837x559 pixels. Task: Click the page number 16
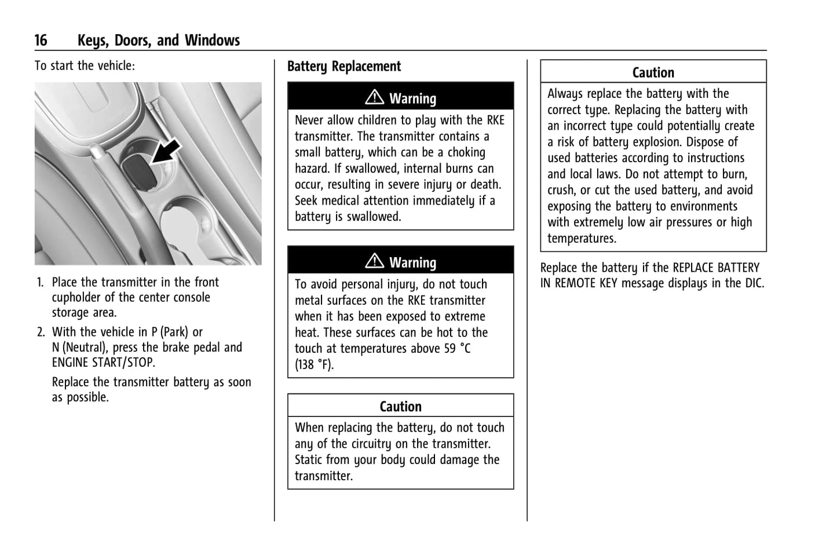(41, 40)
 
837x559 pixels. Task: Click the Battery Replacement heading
(344, 67)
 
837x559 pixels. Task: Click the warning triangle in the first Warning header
(375, 97)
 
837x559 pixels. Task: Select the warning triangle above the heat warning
(375, 261)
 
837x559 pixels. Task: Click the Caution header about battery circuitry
(400, 406)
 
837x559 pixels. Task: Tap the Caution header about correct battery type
(653, 72)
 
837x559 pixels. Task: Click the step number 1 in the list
(40, 283)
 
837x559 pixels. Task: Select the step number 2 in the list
(41, 333)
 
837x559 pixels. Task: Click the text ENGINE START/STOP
(103, 363)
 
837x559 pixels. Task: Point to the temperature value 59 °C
(457, 349)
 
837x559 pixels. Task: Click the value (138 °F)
(314, 365)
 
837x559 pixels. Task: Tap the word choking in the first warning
(467, 152)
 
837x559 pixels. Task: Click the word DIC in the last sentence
(754, 283)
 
